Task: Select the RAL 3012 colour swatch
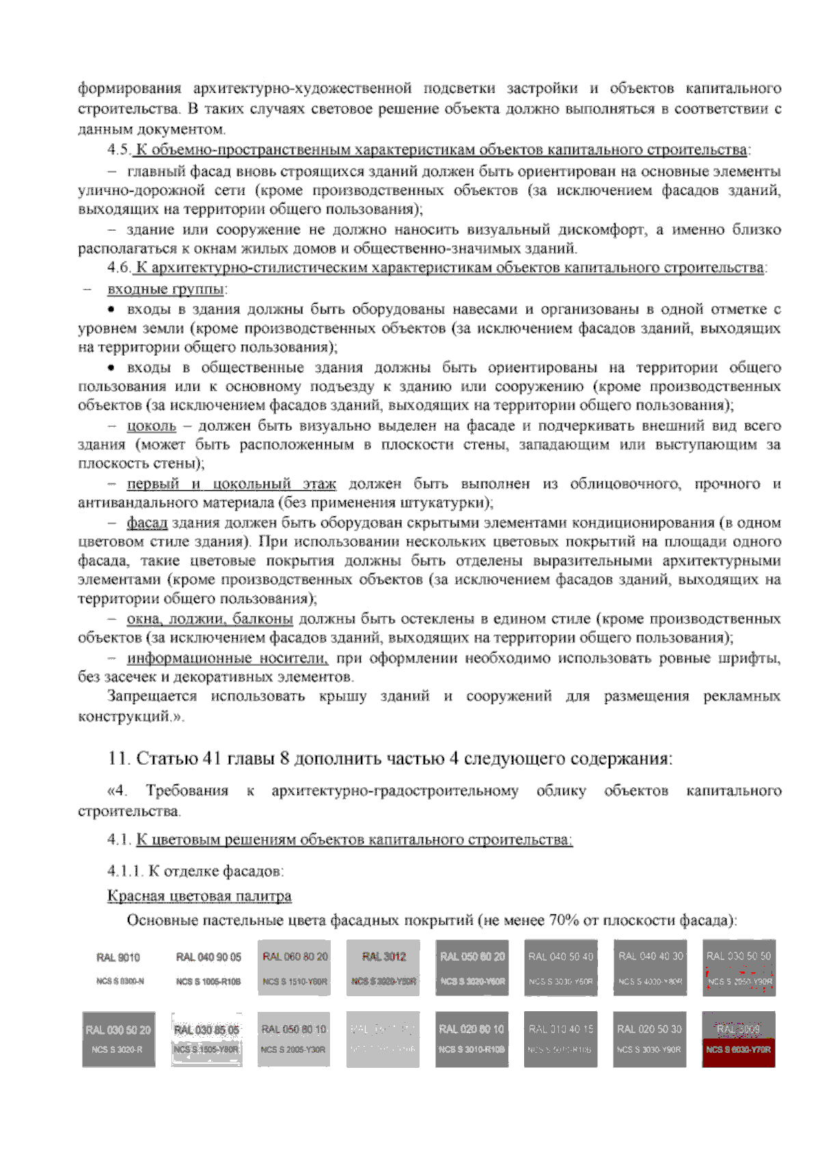click(383, 967)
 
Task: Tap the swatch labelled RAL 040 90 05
click(208, 967)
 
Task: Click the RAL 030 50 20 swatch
click(118, 1039)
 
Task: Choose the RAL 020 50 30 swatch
click(649, 1039)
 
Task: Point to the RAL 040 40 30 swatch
click(650, 967)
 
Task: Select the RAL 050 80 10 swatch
click(294, 1039)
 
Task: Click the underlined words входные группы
click(166, 289)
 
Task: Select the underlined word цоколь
click(151, 427)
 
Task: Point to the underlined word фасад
click(147, 524)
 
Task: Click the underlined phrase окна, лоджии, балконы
click(210, 620)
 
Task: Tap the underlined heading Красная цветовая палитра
click(199, 896)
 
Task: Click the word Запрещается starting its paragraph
click(152, 697)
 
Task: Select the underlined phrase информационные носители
click(227, 659)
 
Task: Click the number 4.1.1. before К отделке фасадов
click(125, 872)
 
